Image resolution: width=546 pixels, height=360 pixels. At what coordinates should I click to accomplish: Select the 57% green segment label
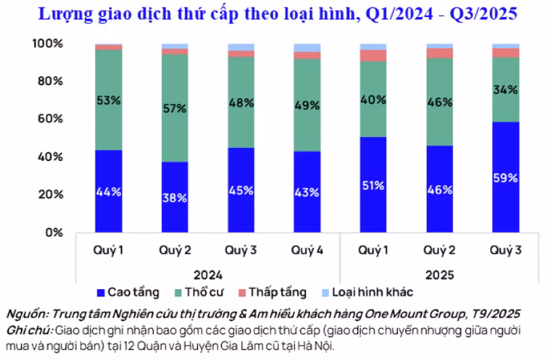coord(174,108)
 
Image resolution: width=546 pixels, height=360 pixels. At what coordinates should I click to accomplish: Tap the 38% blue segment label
coord(174,198)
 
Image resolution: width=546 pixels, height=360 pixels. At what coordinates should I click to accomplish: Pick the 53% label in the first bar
coord(108,100)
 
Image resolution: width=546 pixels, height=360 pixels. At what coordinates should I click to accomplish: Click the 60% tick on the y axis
coord(52,119)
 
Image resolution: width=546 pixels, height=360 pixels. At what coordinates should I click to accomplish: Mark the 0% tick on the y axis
coord(55,232)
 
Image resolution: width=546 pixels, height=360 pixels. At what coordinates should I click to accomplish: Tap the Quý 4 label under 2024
coord(306,250)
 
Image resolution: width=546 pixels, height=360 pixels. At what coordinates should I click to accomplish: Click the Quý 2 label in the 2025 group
coord(438,250)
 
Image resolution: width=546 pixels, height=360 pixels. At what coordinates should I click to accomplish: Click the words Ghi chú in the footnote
coord(28,330)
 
